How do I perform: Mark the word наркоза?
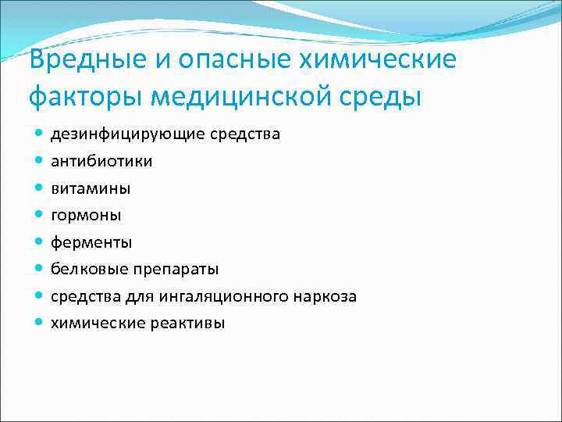pos(326,296)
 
